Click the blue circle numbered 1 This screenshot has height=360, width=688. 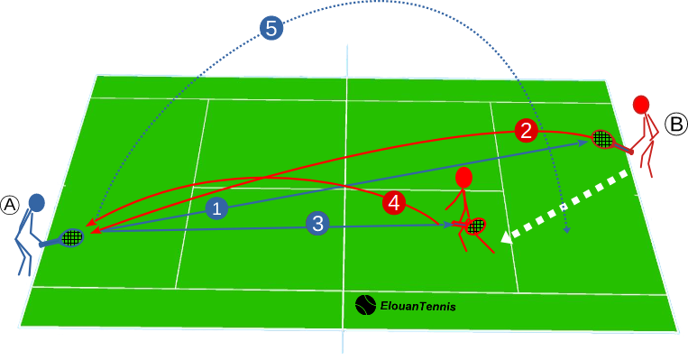point(216,209)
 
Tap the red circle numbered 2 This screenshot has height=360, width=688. point(527,131)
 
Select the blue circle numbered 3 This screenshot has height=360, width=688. point(316,223)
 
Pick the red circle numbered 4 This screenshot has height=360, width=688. point(392,203)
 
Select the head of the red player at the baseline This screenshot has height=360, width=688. point(642,104)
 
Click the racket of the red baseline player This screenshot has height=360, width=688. point(602,139)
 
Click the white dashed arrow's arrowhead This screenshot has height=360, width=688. point(507,236)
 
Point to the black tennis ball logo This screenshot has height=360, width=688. point(365,305)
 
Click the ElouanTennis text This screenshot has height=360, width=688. point(417,307)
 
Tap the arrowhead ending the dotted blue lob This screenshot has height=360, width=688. point(566,231)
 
